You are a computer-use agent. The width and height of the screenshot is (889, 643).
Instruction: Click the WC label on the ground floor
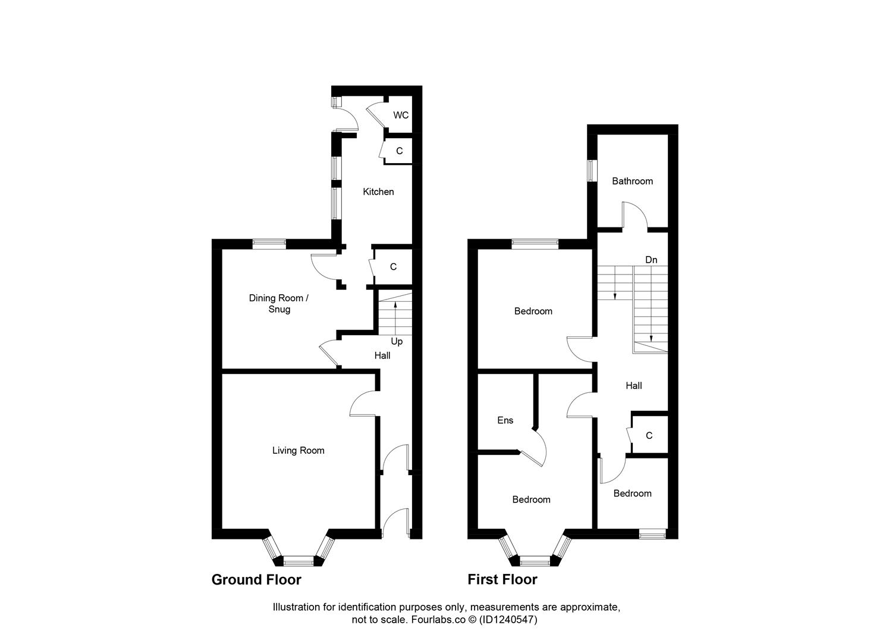click(401, 115)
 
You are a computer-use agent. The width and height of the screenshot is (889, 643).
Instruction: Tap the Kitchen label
click(378, 192)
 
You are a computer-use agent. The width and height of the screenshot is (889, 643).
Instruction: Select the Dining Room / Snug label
click(279, 304)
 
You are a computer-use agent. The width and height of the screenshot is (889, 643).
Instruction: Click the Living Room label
click(298, 451)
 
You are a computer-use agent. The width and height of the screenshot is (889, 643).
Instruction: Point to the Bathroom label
click(632, 181)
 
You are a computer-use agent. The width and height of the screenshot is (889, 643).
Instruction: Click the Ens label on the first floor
click(505, 420)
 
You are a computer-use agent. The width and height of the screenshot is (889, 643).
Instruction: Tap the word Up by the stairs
click(397, 341)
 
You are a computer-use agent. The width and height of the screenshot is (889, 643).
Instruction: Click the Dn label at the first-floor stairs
click(651, 260)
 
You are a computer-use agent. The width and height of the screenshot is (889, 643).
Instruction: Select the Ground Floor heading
click(256, 579)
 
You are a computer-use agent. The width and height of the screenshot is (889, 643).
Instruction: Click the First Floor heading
click(502, 579)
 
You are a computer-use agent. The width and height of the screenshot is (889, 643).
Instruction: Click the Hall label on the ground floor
click(382, 355)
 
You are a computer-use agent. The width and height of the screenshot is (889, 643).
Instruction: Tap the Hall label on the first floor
click(633, 386)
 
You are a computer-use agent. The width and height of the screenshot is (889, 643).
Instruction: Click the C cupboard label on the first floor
click(649, 436)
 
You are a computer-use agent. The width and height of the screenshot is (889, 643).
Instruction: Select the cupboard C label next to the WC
click(399, 151)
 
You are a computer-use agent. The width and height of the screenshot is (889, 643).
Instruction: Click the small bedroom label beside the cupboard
click(632, 494)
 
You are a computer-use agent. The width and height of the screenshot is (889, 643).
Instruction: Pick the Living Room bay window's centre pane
click(297, 560)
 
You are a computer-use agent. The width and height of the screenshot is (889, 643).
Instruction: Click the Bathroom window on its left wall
click(591, 170)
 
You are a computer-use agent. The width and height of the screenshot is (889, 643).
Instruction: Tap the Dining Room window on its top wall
click(269, 243)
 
